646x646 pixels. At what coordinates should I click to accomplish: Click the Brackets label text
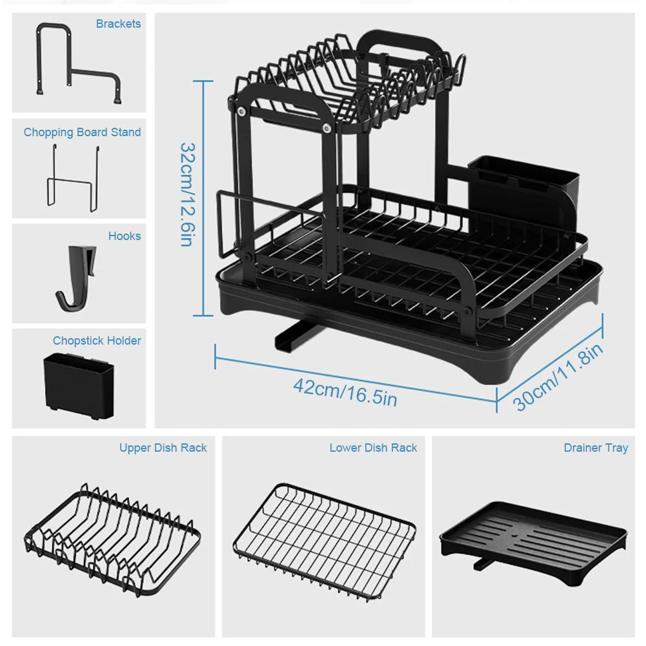pos(118,24)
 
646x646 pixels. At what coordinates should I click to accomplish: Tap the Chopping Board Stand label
pos(82,132)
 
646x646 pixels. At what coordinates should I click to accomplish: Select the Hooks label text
pos(124,236)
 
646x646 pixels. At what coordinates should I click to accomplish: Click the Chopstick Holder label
pos(97,341)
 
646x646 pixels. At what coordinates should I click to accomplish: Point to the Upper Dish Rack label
pos(163,448)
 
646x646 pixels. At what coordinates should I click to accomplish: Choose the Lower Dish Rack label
pos(373,448)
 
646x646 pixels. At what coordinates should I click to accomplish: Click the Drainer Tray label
pos(595,448)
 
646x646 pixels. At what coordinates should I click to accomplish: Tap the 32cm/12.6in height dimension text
pos(187,194)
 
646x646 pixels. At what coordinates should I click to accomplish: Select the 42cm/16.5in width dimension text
pos(345,391)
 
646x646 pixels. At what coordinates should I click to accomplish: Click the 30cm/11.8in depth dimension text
pos(559,377)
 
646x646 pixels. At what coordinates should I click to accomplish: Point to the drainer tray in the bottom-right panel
pos(533,538)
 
